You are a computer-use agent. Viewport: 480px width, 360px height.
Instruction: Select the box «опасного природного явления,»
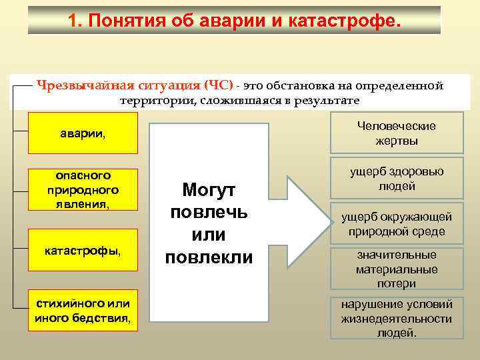(x=83, y=190)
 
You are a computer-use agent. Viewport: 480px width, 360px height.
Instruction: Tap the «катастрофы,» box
(x=83, y=251)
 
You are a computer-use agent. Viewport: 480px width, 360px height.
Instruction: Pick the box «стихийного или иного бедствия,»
(x=83, y=310)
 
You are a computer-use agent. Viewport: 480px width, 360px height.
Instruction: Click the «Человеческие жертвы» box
(x=397, y=133)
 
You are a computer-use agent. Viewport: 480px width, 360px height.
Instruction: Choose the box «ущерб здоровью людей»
(x=397, y=179)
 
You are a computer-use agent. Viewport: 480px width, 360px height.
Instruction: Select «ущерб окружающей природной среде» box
(x=397, y=225)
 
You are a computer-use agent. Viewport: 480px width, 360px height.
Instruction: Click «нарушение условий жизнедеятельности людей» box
(x=397, y=318)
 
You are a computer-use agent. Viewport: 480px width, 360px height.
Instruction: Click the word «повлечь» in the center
(x=209, y=213)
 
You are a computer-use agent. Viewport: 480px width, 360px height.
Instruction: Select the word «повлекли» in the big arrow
(x=209, y=257)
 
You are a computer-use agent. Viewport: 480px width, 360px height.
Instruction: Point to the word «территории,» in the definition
(x=153, y=101)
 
